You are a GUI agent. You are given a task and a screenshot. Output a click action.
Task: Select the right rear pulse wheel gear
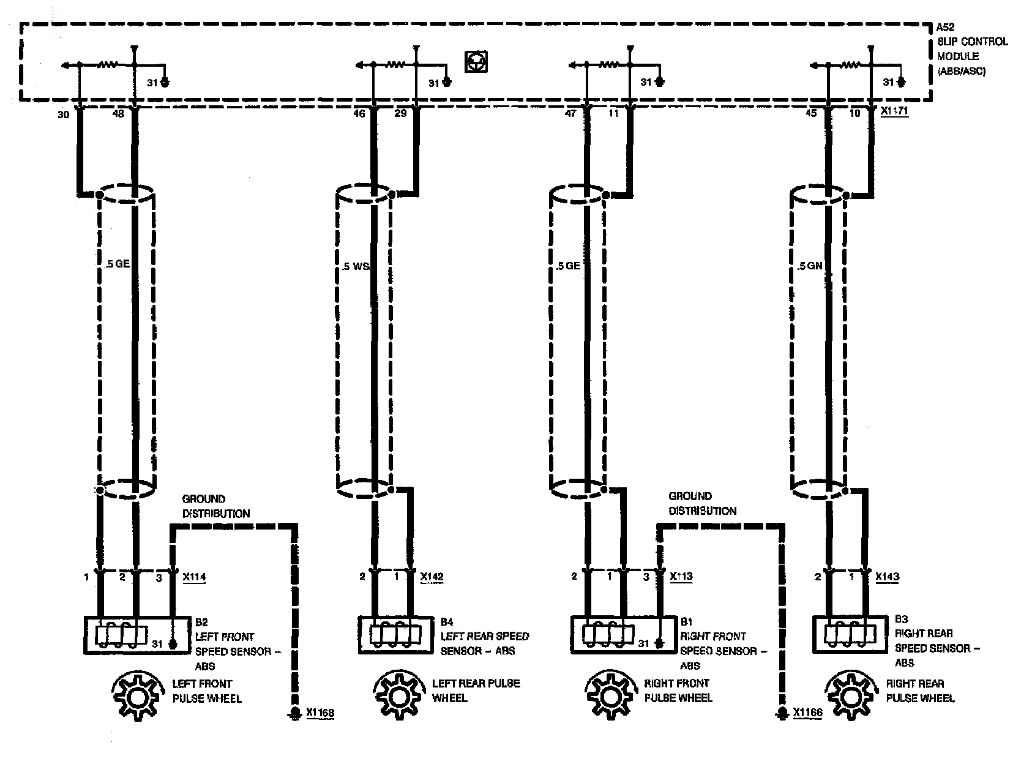[848, 695]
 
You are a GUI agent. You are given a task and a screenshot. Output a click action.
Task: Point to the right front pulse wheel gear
[610, 695]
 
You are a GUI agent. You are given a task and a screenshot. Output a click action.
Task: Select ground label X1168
[320, 713]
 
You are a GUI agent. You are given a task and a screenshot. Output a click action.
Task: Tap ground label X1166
[807, 713]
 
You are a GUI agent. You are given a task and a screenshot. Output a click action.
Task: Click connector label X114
[194, 577]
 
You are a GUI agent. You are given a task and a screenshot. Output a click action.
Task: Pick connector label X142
[432, 577]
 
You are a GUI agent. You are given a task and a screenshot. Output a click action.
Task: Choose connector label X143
[887, 577]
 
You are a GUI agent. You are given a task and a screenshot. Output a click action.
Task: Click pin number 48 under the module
[119, 114]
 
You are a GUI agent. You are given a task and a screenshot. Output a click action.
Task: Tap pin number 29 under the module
[400, 114]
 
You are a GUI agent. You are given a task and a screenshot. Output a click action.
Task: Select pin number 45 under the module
[811, 114]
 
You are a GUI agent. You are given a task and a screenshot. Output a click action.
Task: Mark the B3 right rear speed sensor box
[850, 634]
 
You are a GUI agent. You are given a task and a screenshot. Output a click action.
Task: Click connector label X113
[681, 577]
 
